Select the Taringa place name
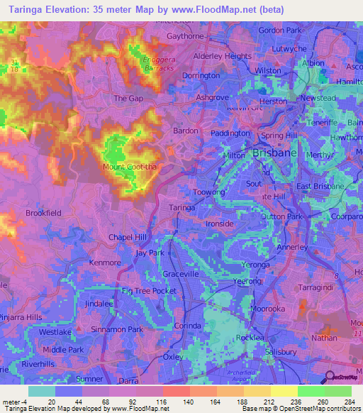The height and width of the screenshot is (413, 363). pos(183,207)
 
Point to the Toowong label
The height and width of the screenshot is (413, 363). pos(208,192)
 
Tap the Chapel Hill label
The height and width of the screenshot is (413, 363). pos(128,236)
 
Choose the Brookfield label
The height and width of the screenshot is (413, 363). pos(43,212)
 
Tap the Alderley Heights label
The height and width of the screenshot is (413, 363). pos(222,56)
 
